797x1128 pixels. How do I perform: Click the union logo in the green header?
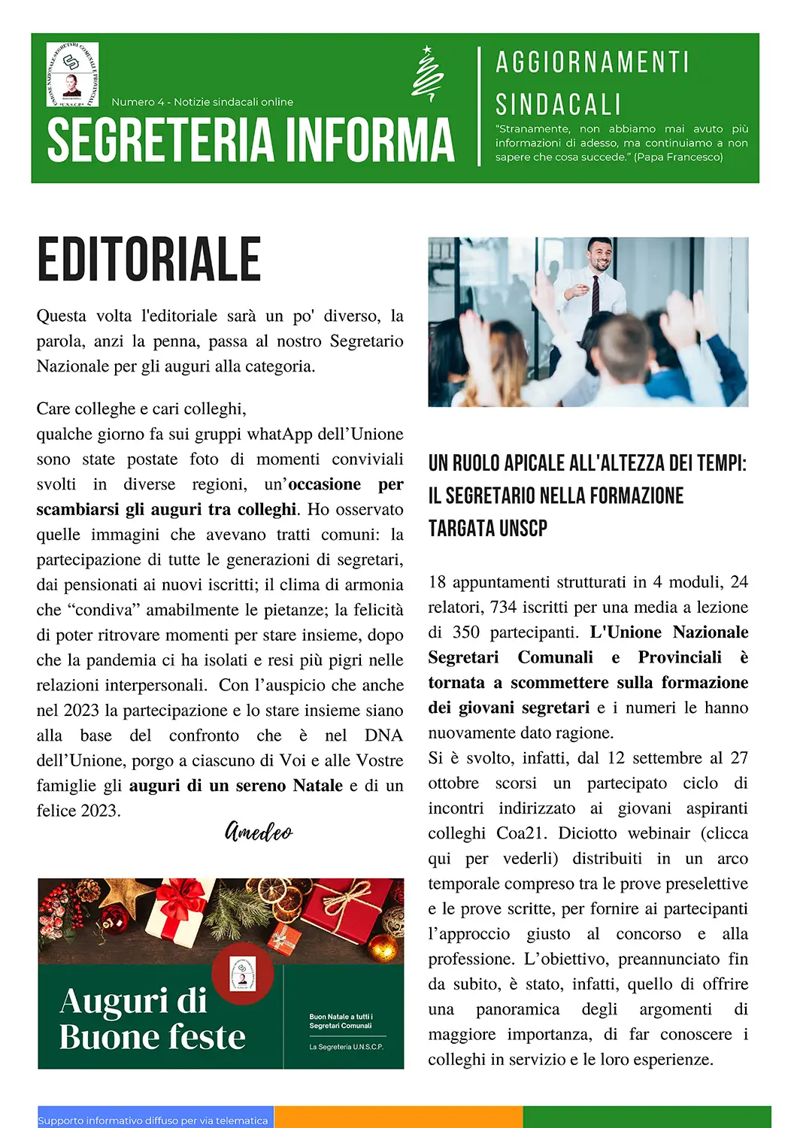[72, 74]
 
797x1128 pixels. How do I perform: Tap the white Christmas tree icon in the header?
[427, 74]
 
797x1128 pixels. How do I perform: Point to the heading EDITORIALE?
[149, 259]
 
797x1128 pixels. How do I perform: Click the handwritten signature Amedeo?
[259, 831]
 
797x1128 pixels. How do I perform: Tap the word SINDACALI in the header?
[559, 104]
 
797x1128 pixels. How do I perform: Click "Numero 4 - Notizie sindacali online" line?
[202, 102]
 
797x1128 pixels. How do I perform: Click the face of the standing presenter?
[600, 256]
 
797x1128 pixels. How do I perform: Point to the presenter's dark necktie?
[595, 294]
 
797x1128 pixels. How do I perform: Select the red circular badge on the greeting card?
[242, 973]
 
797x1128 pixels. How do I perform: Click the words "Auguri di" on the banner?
[133, 1001]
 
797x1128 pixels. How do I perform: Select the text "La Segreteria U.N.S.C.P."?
[346, 1047]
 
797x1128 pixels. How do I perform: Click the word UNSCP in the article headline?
[518, 529]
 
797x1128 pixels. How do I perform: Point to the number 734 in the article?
[503, 607]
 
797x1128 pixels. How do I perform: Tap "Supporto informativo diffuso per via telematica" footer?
[153, 1120]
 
